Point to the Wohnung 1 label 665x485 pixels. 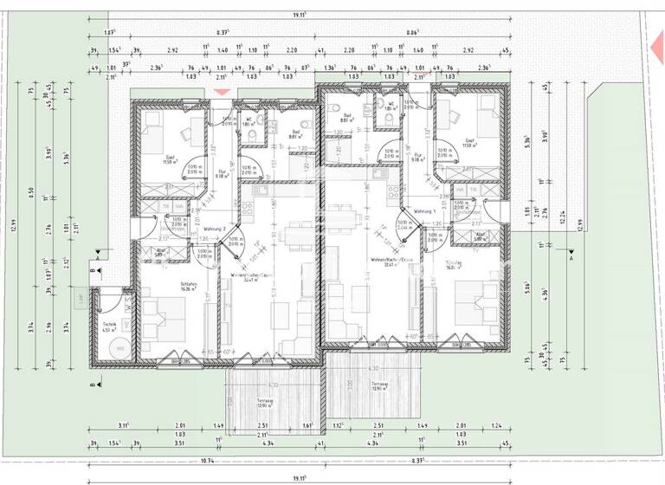tap(424, 211)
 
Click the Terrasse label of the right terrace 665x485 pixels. tap(378, 385)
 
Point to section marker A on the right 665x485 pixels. tap(571, 257)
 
